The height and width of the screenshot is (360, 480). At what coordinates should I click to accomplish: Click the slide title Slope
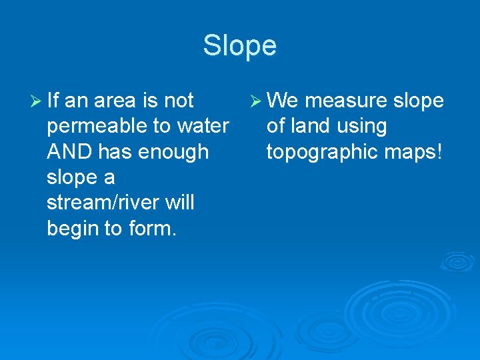coord(239,46)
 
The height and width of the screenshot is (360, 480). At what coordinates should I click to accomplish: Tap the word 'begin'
coord(71,229)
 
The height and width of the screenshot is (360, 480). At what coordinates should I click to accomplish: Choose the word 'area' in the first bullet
coord(116,101)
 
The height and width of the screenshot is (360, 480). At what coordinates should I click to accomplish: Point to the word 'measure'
coord(347,101)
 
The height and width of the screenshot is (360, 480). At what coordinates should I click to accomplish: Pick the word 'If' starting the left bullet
coord(53,101)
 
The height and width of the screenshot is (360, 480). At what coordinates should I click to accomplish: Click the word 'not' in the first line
coord(178,101)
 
